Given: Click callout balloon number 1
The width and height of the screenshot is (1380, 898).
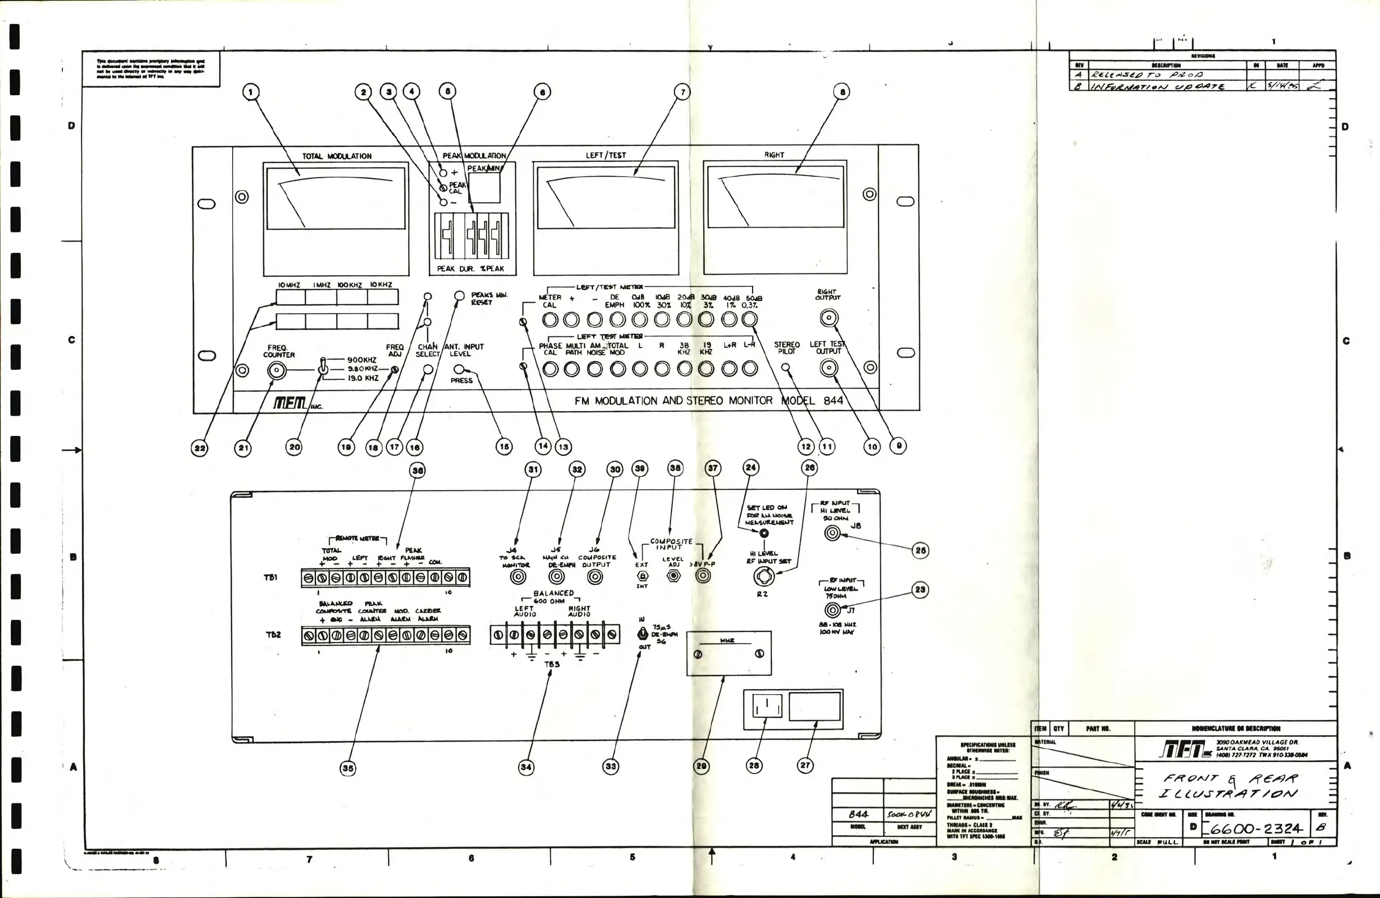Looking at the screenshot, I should [x=250, y=92].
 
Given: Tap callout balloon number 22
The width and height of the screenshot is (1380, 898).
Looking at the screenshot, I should [x=199, y=447].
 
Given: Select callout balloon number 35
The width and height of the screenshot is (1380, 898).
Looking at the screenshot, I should [x=347, y=768].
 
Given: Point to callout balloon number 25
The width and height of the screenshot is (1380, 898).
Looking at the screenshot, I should [x=920, y=551].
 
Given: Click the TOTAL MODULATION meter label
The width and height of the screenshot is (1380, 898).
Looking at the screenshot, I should [x=336, y=156].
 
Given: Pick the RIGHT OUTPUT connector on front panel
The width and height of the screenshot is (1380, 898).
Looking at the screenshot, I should [x=828, y=318].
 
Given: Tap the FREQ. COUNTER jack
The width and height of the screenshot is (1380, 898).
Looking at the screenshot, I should [x=276, y=370].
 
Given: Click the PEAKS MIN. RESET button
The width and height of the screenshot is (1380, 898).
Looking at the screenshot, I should [x=459, y=296].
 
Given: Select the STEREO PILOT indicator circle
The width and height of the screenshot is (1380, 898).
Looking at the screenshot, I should [x=785, y=367].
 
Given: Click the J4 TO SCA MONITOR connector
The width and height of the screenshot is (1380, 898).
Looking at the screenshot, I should [x=517, y=577].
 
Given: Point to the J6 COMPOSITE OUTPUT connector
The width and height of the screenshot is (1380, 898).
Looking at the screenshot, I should [x=595, y=577].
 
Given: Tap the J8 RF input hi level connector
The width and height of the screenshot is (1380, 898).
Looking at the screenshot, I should [x=832, y=533].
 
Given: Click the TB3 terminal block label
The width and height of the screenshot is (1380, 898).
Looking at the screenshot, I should [x=552, y=664].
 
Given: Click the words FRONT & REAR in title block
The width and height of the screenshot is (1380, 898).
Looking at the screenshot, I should [x=1229, y=779].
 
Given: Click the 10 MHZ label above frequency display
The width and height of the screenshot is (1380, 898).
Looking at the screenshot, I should [x=289, y=285].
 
